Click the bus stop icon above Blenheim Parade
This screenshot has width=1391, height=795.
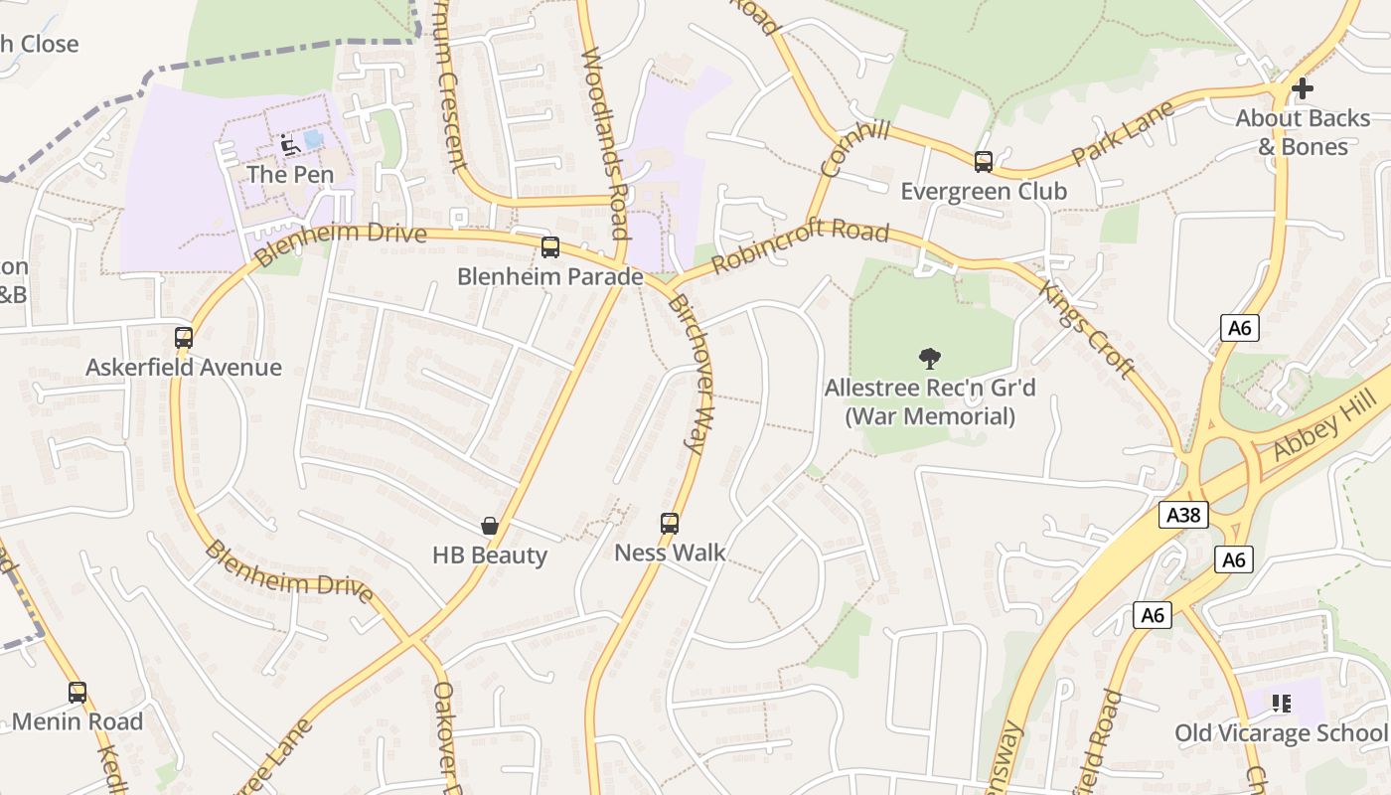coord(549,247)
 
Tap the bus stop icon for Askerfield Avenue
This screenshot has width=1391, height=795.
coord(184,338)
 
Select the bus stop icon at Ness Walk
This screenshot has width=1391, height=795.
coord(670,524)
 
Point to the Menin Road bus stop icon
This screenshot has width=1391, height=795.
coord(77,693)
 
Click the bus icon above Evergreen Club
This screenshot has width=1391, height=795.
coord(983,162)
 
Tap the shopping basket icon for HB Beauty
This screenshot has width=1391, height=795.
coord(489,526)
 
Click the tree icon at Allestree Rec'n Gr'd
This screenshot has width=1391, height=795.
coord(930,358)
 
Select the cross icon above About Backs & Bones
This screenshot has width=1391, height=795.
coord(1302,88)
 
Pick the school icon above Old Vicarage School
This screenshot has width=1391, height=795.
coord(1281,705)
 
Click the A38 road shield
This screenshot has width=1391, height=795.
coord(1183,515)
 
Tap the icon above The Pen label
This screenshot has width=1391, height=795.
coord(289,145)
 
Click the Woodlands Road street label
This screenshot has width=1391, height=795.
coord(605,143)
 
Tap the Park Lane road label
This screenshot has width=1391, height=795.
coord(1123,132)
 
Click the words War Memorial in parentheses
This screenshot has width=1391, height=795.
coord(930,416)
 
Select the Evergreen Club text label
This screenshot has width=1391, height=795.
coord(983,191)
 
